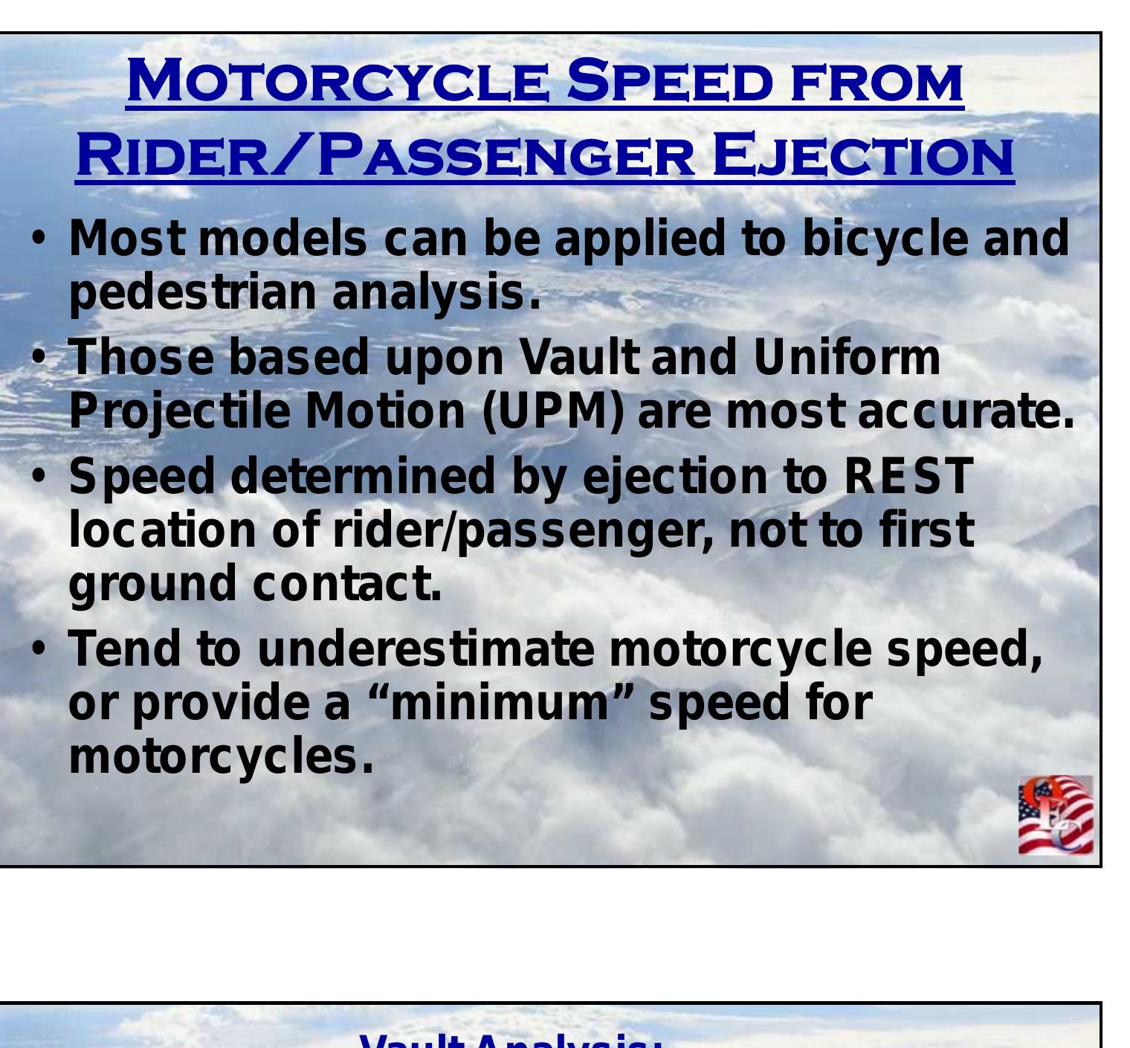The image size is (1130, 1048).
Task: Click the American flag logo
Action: coord(1056,815)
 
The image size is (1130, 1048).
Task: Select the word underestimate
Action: coord(425,648)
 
